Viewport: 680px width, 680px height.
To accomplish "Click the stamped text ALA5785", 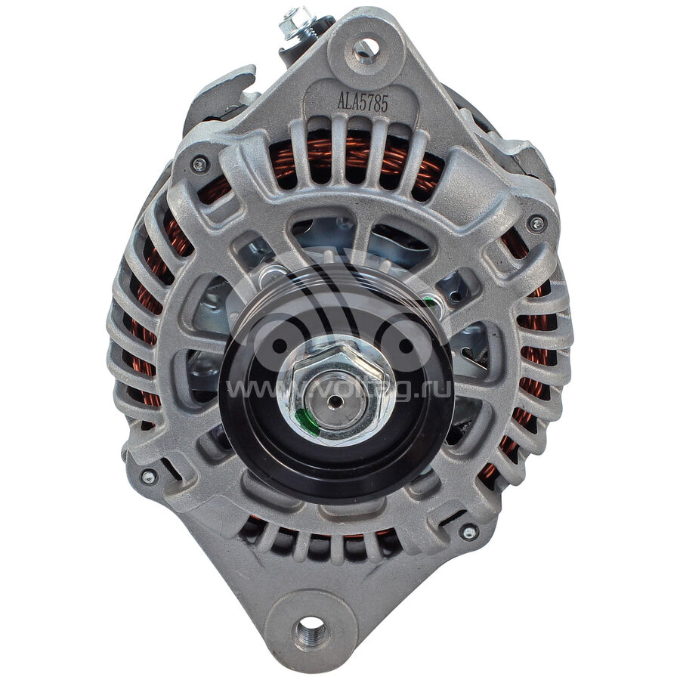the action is (x=363, y=104).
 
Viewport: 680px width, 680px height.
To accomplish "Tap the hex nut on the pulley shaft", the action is (x=336, y=391).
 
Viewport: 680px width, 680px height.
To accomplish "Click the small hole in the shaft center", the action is (x=334, y=402).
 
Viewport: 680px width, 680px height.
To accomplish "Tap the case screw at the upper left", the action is (x=200, y=164).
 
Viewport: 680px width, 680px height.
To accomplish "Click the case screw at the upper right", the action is (x=536, y=224).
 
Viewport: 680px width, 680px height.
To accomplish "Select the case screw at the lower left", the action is (x=148, y=477).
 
